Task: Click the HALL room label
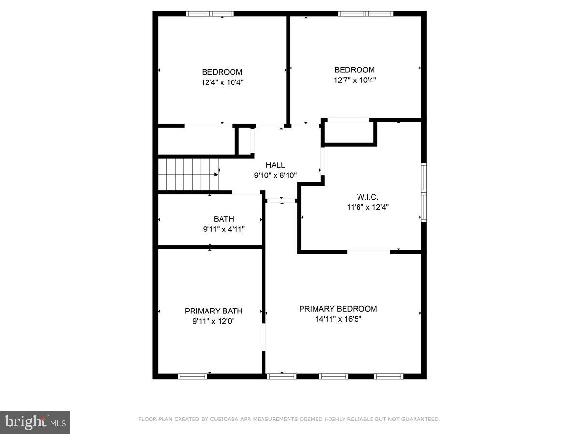tap(275, 165)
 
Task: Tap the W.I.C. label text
tap(368, 197)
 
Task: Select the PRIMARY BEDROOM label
tap(338, 309)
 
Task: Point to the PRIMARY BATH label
tap(213, 311)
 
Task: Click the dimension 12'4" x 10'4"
tap(222, 82)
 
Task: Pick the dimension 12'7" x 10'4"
tap(355, 80)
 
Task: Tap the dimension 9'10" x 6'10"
tap(275, 176)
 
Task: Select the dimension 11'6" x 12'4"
tap(368, 207)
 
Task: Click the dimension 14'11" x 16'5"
tap(338, 319)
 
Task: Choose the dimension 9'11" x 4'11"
tap(223, 230)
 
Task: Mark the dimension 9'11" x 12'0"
tap(213, 321)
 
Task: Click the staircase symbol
tap(188, 175)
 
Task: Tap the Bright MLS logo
tap(35, 422)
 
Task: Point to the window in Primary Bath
tap(192, 376)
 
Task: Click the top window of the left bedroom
tap(210, 14)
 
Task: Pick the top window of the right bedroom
tap(366, 14)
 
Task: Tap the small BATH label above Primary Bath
tap(223, 219)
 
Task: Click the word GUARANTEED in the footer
tap(418, 420)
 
